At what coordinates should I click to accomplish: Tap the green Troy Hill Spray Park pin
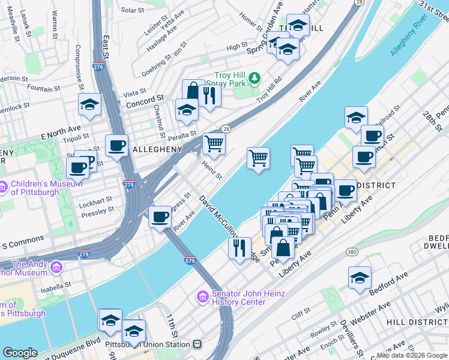(x=255, y=78)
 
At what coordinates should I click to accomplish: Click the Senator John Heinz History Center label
(x=238, y=298)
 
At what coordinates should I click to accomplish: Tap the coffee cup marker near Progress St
(x=160, y=217)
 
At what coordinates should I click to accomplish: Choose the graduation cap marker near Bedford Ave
(x=360, y=277)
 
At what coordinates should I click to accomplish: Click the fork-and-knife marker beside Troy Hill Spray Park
(x=209, y=94)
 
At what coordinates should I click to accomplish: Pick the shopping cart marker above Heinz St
(x=214, y=143)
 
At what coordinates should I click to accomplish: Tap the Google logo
(x=20, y=353)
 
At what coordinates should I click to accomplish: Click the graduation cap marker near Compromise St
(x=89, y=105)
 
